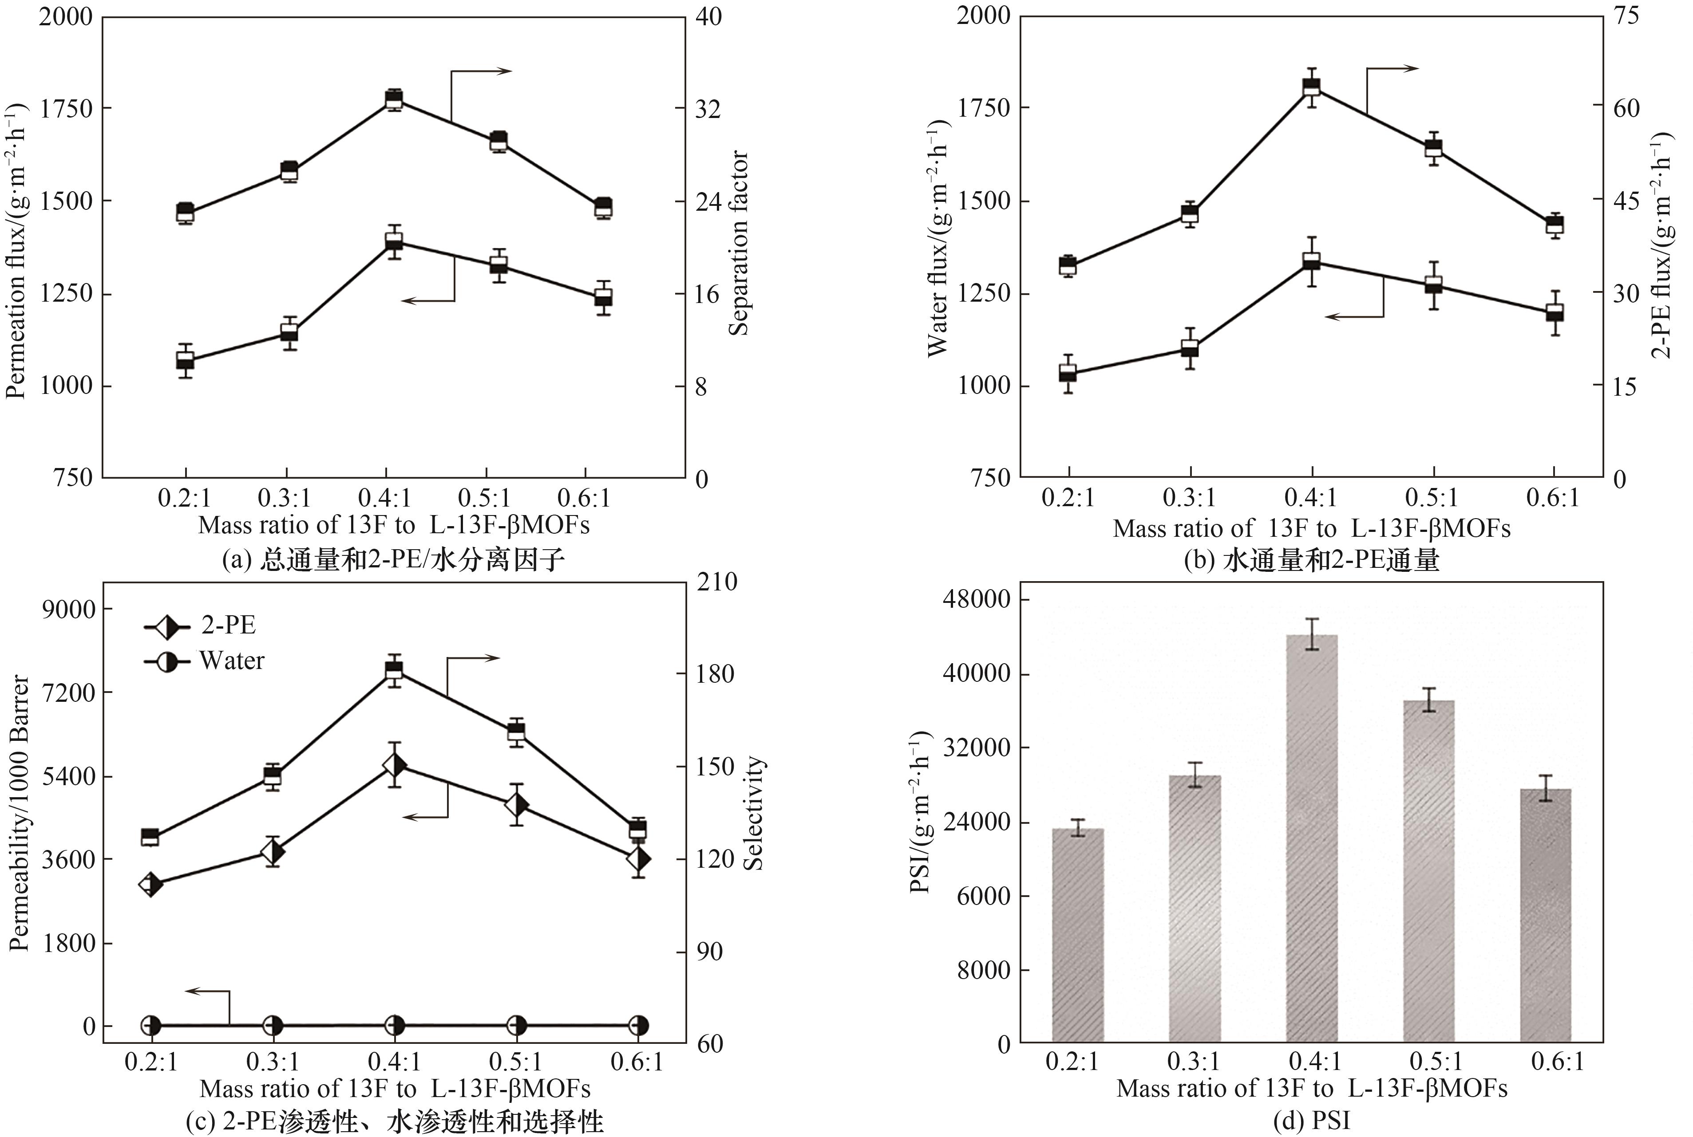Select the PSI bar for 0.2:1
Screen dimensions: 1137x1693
(x=1077, y=936)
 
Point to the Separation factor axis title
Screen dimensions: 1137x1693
(x=739, y=243)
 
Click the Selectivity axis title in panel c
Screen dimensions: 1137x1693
(x=754, y=813)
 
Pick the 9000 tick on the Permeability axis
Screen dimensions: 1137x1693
(x=67, y=609)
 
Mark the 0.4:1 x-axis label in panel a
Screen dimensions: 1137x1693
(x=384, y=498)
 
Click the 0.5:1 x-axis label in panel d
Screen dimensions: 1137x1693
(x=1436, y=1062)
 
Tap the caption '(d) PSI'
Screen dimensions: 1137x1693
(x=1311, y=1121)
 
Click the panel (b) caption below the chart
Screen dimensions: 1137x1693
(x=1311, y=560)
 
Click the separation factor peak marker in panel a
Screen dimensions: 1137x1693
(x=394, y=99)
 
